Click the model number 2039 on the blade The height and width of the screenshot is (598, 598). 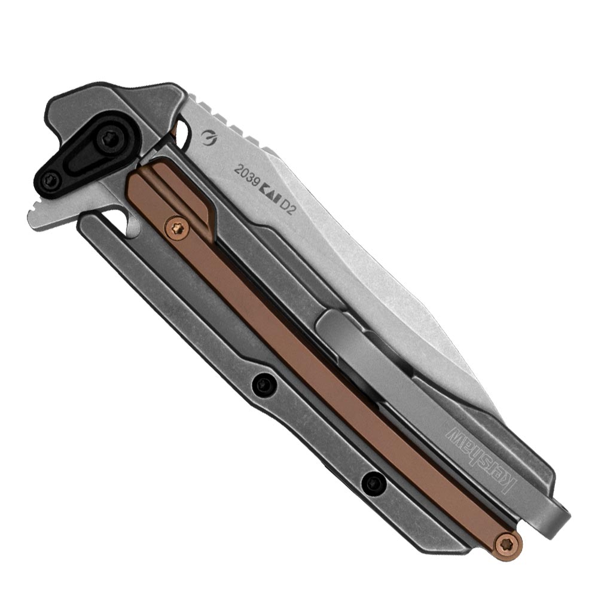(246, 177)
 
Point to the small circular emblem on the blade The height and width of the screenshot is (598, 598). (209, 138)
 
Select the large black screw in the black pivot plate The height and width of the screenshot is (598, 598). (110, 139)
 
